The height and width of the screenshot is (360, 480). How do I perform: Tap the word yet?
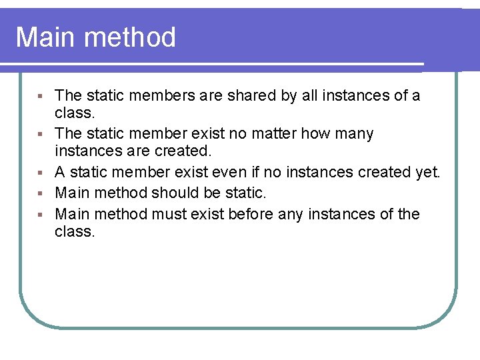coord(428,173)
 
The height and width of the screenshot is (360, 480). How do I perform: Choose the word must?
coord(169,214)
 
